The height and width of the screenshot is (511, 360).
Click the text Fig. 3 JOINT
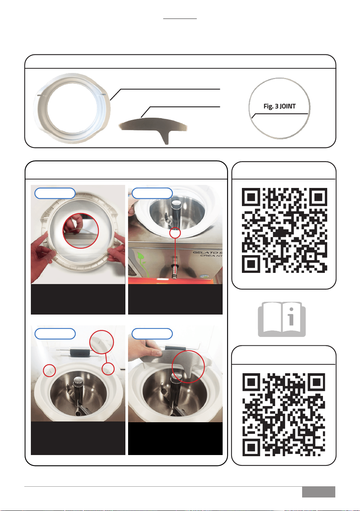pyautogui.click(x=279, y=106)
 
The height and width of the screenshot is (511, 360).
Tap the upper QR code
pyautogui.click(x=284, y=230)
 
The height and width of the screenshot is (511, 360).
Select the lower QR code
pyautogui.click(x=284, y=415)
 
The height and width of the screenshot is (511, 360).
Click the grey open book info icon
pyautogui.click(x=282, y=320)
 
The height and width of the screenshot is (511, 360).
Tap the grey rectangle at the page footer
pyautogui.click(x=318, y=492)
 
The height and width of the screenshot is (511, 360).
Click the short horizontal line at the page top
pyautogui.click(x=180, y=19)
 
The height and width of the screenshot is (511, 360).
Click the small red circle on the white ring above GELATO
pyautogui.click(x=175, y=233)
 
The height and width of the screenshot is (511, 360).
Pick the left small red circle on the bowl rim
pyautogui.click(x=49, y=370)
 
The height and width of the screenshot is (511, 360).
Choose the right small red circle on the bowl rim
pyautogui.click(x=108, y=369)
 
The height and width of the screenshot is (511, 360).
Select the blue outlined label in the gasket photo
pyautogui.click(x=55, y=193)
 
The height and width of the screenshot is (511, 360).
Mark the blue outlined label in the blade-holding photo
pyautogui.click(x=152, y=334)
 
